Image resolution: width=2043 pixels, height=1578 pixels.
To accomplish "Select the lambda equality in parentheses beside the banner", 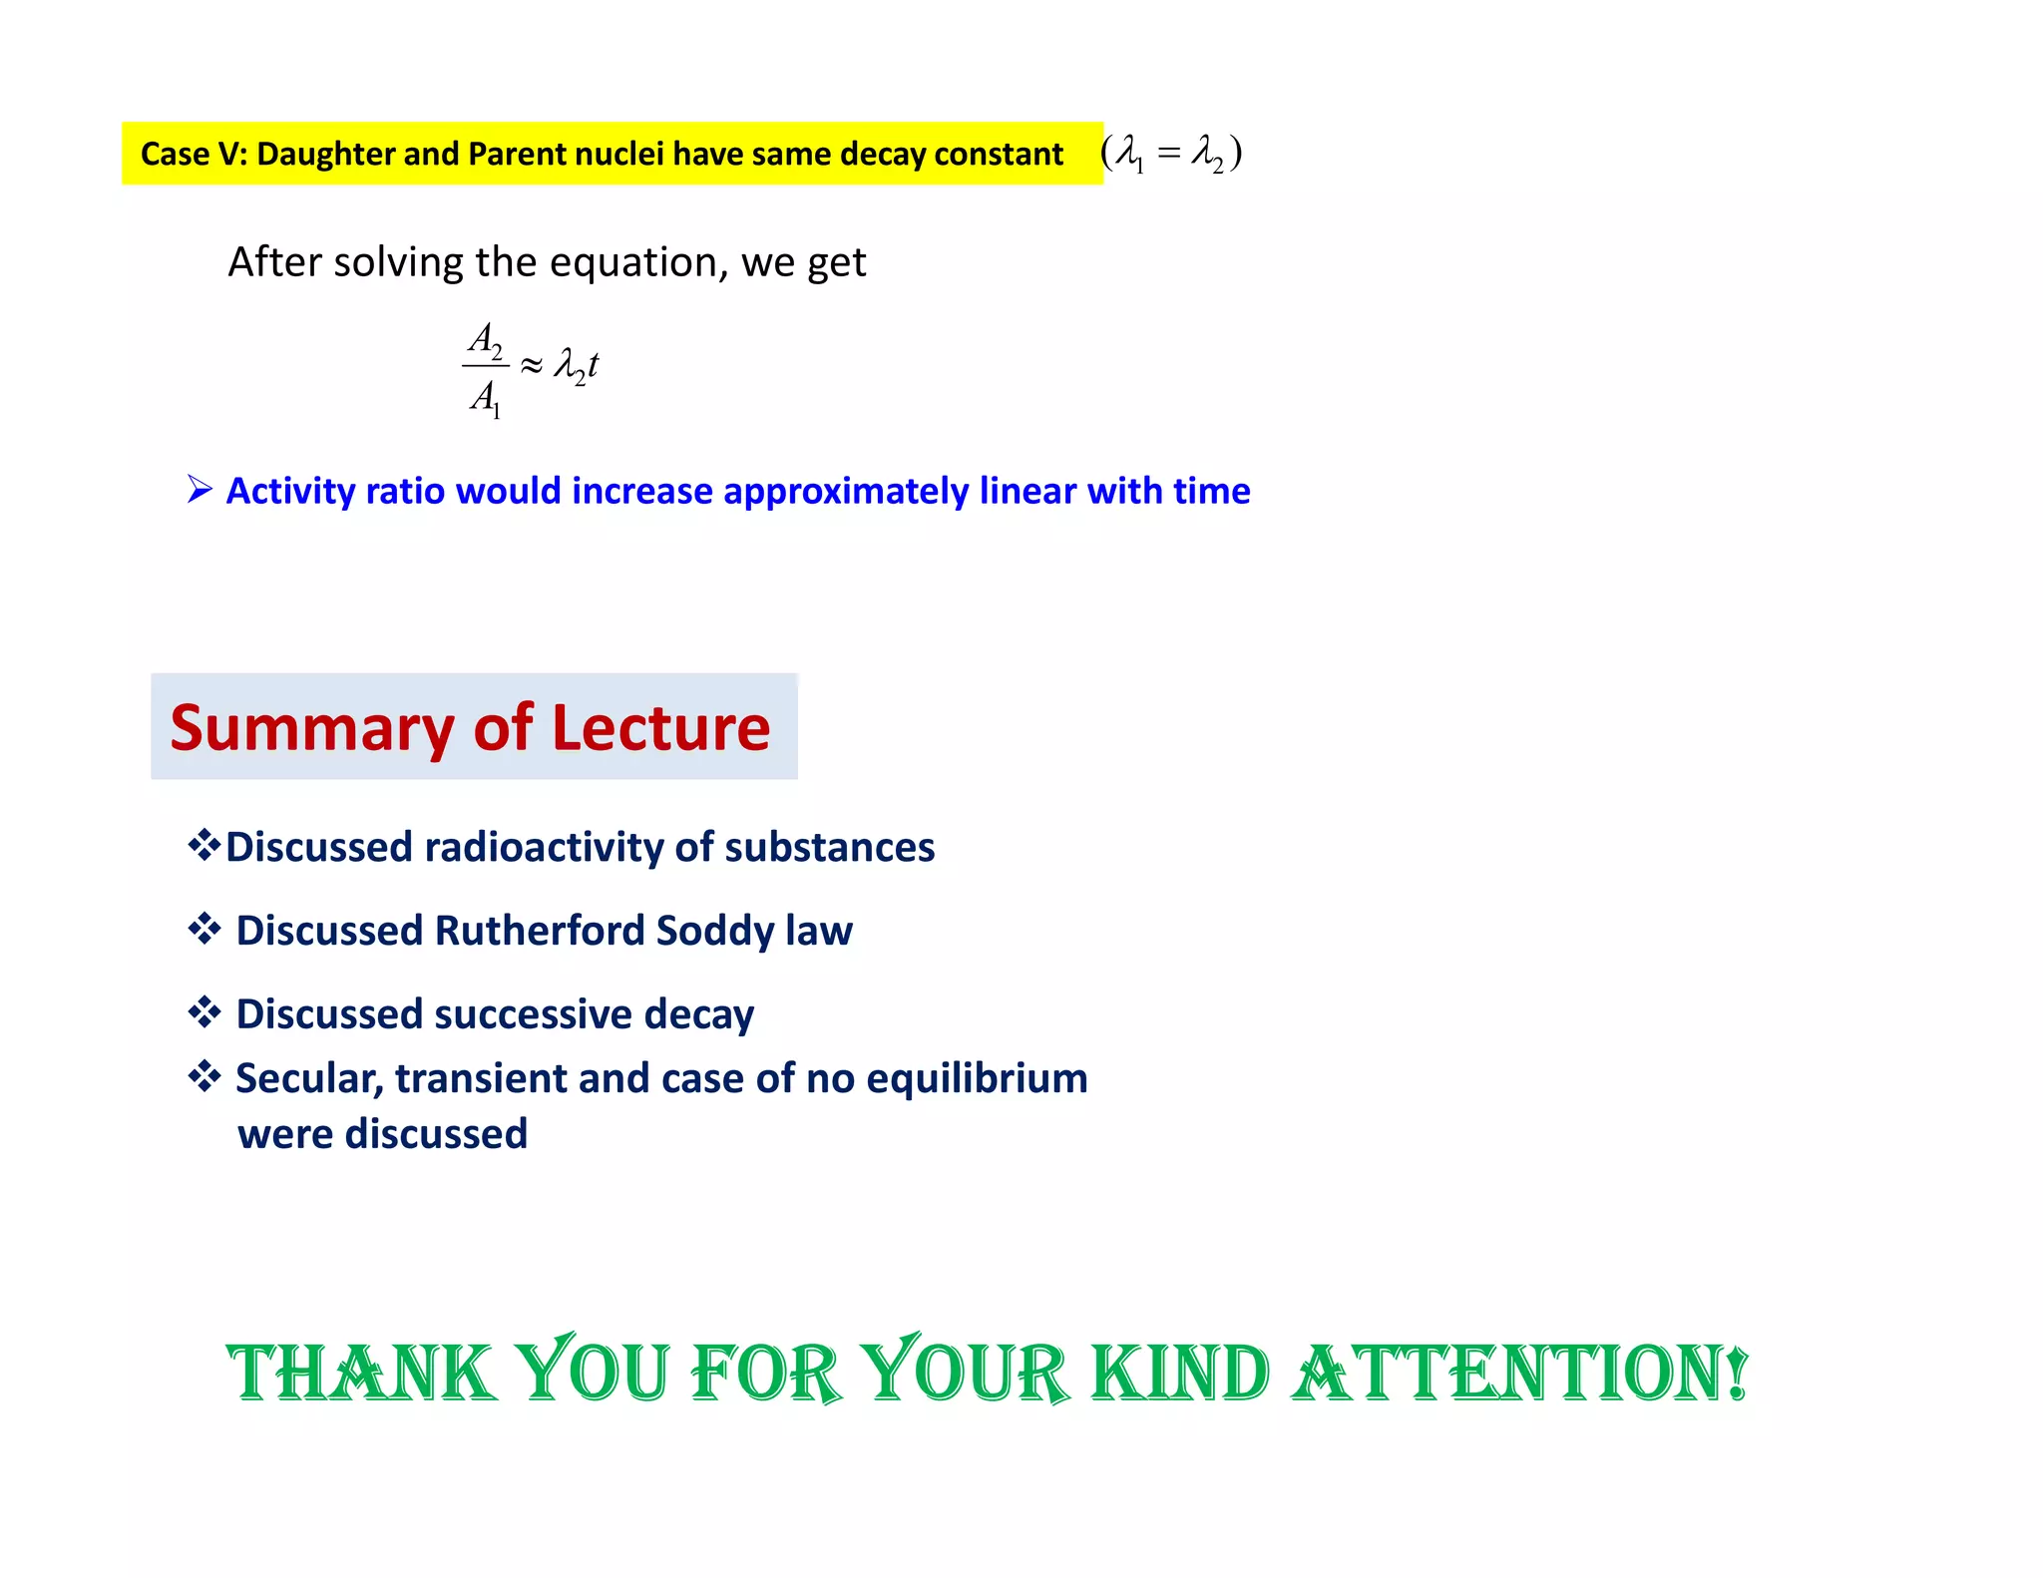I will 1171,154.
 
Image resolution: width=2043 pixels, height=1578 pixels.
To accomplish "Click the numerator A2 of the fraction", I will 486,340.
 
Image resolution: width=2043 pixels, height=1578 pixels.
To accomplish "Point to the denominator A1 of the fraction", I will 486,398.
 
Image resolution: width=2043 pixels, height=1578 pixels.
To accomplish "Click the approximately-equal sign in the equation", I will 532,366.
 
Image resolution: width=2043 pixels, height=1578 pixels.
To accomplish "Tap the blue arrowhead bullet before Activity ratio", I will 200,490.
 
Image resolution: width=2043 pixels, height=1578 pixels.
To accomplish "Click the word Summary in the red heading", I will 311,728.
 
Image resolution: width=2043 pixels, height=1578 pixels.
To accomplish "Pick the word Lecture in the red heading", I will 660,728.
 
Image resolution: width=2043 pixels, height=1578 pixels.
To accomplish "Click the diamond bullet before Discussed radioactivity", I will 204,846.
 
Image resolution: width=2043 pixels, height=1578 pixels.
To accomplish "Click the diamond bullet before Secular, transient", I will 204,1077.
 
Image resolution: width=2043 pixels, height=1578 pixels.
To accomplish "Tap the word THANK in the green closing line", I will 361,1374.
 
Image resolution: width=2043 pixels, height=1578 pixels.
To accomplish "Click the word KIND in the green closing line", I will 1180,1374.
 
